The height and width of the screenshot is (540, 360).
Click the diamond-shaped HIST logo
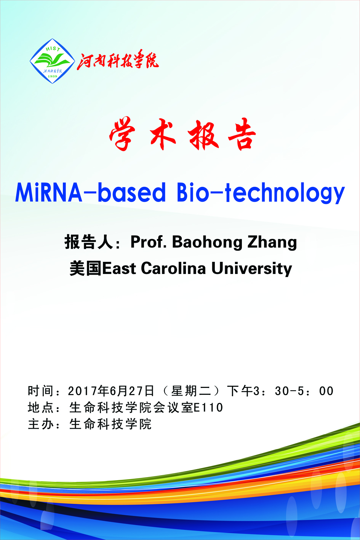52,61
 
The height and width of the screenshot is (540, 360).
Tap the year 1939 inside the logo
53,76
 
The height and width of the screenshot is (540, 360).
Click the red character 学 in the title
122,133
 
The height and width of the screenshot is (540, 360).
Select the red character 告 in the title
242,134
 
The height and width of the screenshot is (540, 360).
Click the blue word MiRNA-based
91,192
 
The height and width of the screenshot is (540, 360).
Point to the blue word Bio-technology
261,192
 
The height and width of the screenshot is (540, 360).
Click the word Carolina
173,268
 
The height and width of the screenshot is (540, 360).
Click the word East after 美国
119,268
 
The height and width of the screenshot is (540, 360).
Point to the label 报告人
89,242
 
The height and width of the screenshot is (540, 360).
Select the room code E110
208,408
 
